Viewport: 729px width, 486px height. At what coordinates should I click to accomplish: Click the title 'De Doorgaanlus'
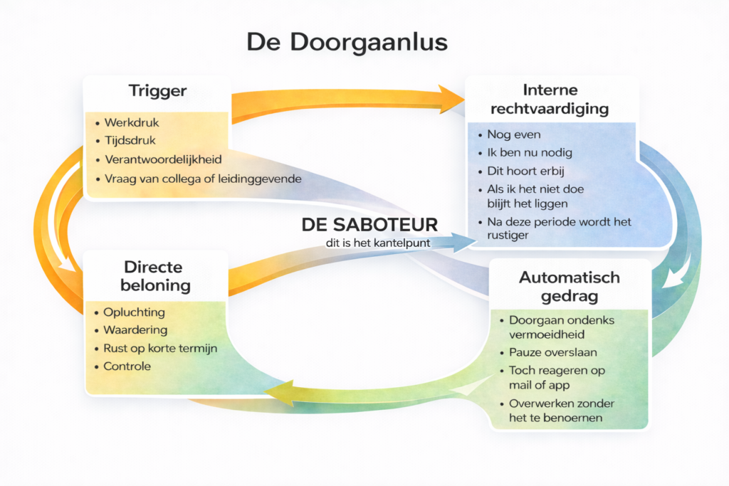tap(347, 42)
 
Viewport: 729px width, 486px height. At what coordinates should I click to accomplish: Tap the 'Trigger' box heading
tap(157, 91)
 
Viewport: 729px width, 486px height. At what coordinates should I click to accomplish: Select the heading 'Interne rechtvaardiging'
tap(550, 100)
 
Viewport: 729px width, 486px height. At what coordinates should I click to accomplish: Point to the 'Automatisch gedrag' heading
tap(570, 286)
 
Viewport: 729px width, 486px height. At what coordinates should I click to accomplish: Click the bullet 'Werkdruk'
tap(131, 123)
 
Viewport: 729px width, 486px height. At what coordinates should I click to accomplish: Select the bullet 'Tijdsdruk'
tap(130, 141)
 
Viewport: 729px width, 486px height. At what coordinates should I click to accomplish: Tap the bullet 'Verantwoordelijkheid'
tap(163, 159)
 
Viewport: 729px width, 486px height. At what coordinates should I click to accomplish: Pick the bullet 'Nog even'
tap(513, 134)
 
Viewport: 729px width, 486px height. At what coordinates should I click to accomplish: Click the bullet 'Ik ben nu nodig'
tap(530, 152)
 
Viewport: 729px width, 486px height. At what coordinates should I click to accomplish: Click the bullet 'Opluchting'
tap(134, 312)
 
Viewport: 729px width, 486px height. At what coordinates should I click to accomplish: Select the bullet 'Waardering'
tap(135, 330)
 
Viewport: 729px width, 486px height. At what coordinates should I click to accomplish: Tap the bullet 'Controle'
tap(127, 366)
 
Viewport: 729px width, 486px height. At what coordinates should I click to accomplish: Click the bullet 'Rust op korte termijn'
tap(160, 349)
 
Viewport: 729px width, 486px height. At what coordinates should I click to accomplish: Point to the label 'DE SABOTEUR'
tap(369, 225)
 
